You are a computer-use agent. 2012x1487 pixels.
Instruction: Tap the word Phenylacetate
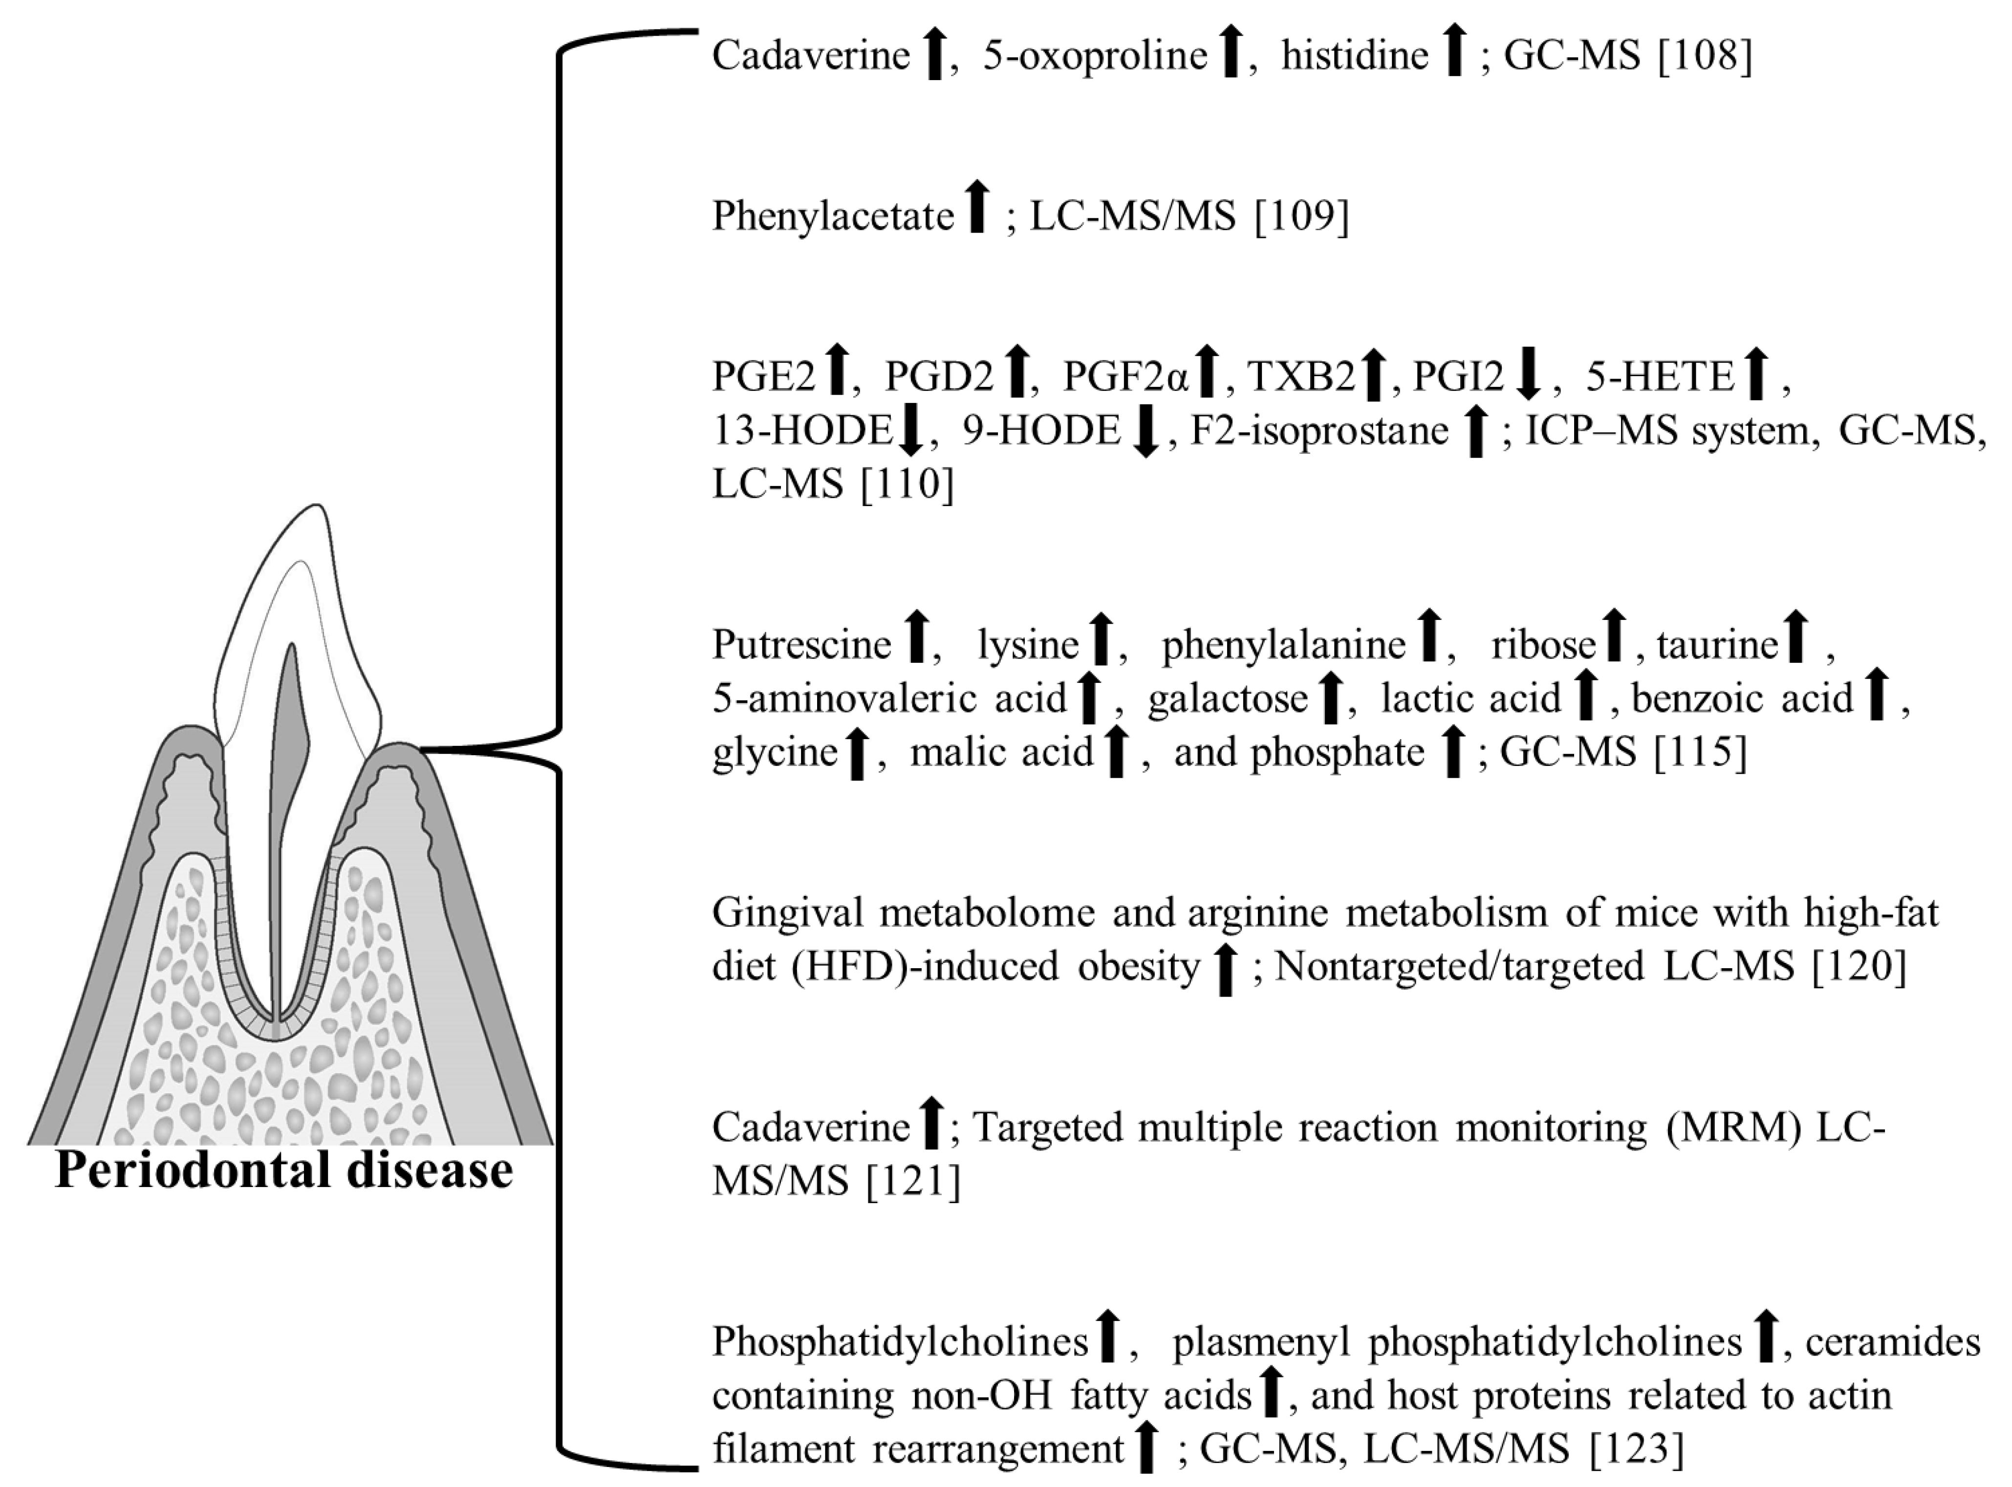(832, 216)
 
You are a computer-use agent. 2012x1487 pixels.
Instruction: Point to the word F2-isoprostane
(1319, 431)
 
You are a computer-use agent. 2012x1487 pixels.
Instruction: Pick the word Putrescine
(801, 644)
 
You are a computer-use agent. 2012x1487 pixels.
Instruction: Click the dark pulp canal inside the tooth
(290, 738)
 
